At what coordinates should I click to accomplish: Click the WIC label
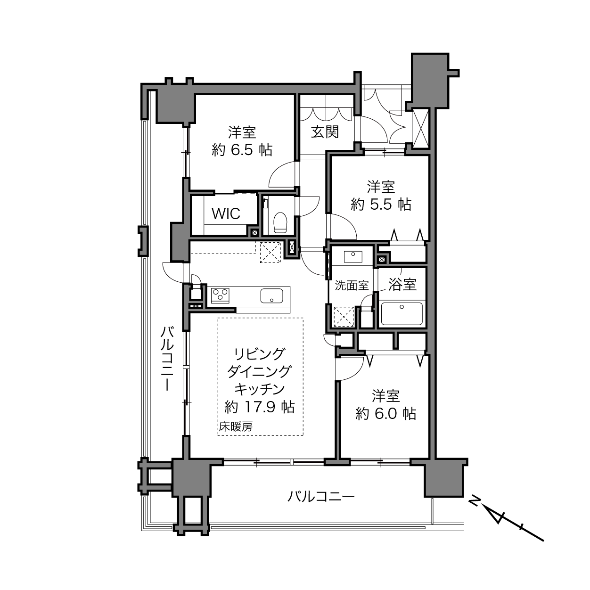click(226, 213)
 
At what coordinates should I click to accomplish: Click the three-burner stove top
click(220, 295)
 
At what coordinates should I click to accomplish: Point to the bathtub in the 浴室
click(402, 314)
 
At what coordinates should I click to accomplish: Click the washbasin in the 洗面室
click(353, 257)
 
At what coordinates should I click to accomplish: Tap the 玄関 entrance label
click(325, 132)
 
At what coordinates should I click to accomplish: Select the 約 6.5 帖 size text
click(242, 150)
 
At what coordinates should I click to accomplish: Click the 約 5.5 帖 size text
click(381, 204)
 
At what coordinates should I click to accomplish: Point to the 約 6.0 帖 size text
click(385, 414)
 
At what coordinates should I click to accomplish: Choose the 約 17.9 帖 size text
click(260, 407)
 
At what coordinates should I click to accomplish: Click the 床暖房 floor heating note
click(236, 426)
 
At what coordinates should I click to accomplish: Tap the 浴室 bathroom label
click(402, 285)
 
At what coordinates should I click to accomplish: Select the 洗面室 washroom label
click(352, 286)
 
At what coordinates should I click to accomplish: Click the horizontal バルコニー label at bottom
click(321, 496)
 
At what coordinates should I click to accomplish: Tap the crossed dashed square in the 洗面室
click(344, 317)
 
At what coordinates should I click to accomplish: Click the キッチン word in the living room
click(260, 389)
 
